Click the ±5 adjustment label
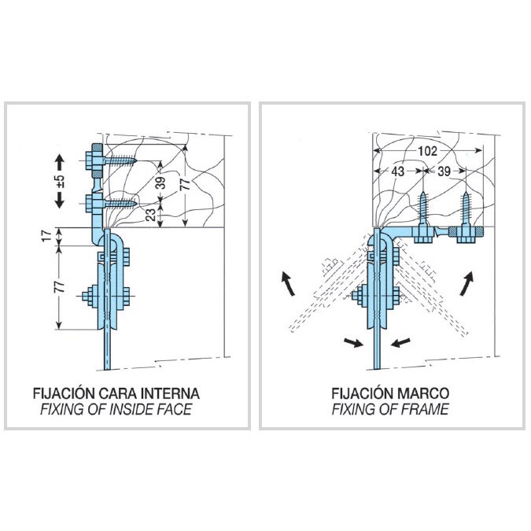[x=61, y=181]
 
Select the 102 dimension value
[x=427, y=151]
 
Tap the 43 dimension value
[x=397, y=171]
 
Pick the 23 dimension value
[x=151, y=215]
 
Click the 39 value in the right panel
[x=444, y=171]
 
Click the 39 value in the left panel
[x=162, y=183]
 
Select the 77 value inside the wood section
[x=185, y=184]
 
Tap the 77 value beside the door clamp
[x=59, y=286]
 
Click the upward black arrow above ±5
[x=60, y=162]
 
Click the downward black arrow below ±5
[x=60, y=200]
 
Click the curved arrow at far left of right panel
[x=287, y=283]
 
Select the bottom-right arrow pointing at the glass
[x=400, y=342]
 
